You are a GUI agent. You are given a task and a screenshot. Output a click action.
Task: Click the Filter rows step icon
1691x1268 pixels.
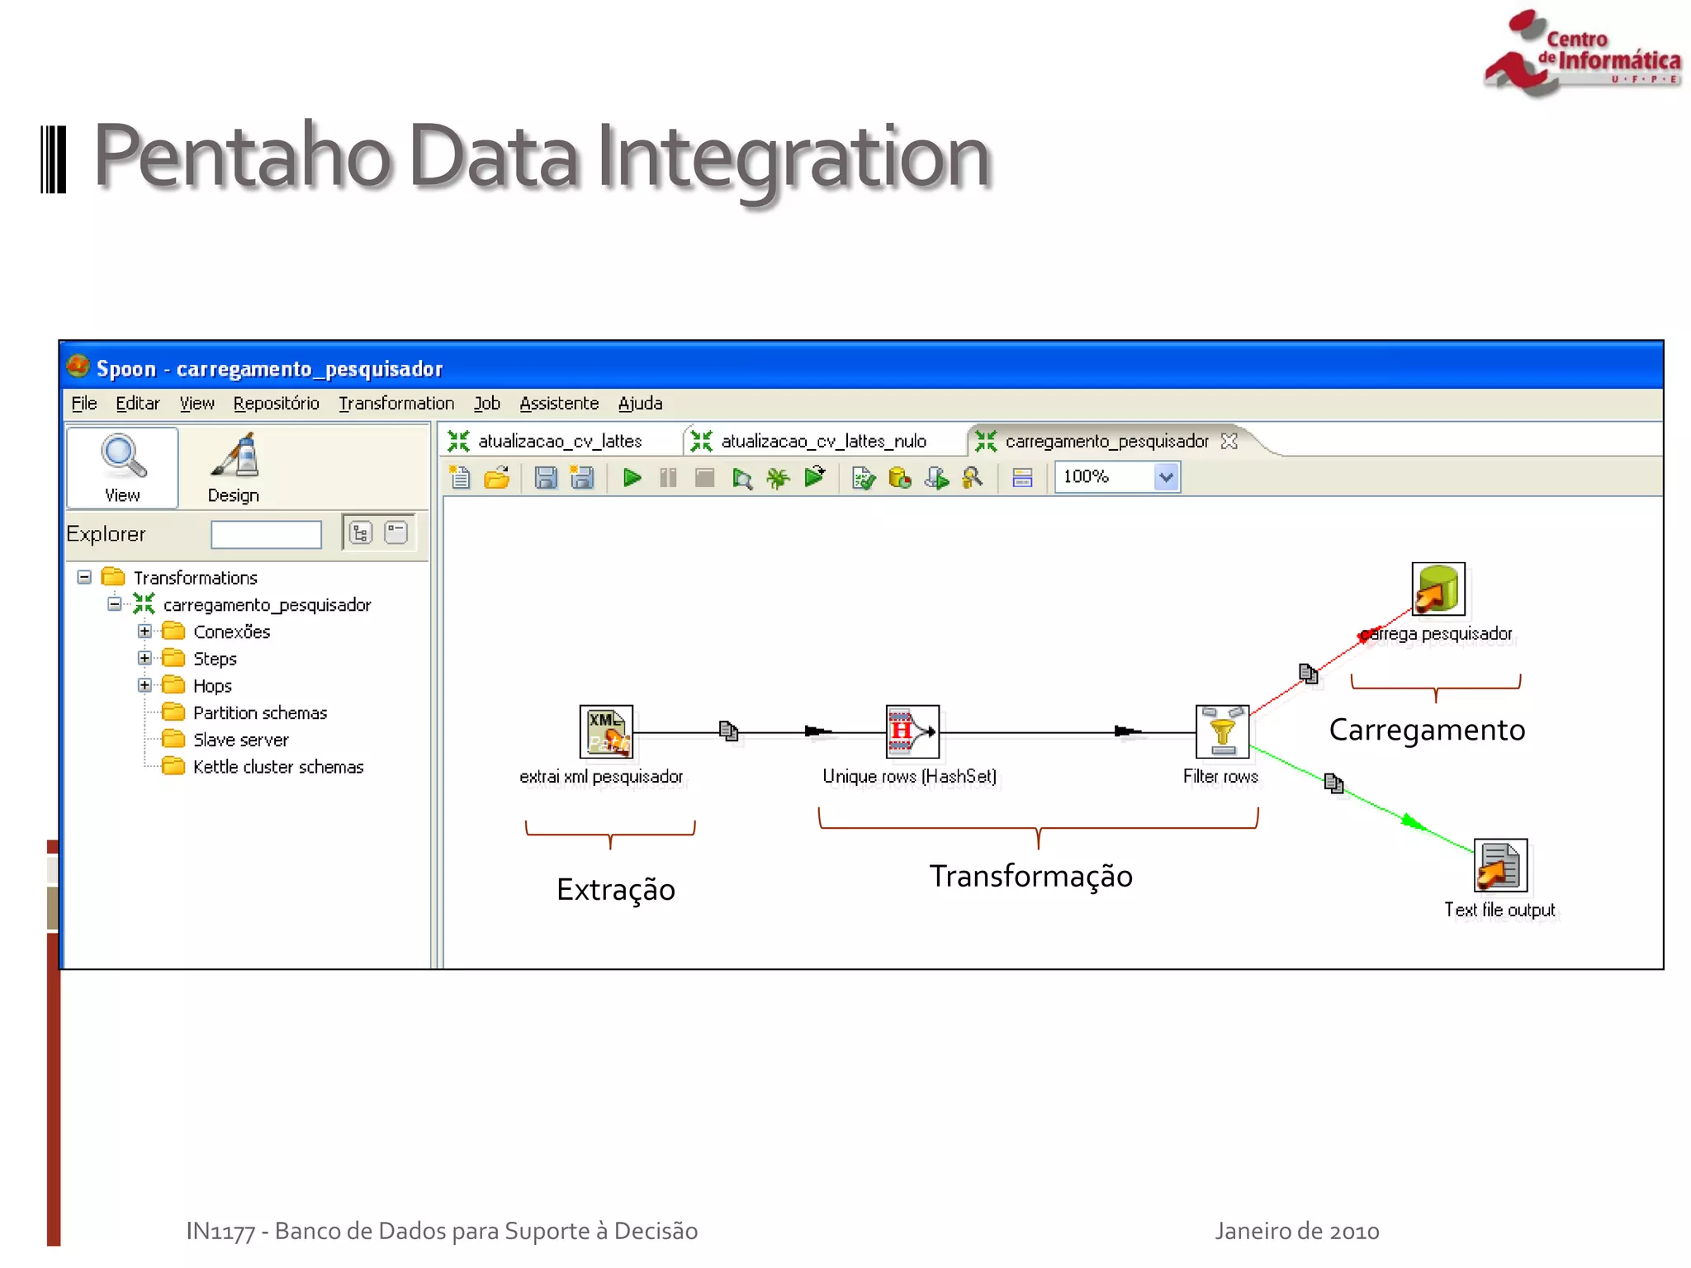(x=1222, y=731)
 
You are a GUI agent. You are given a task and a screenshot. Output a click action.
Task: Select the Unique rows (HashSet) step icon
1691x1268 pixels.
(x=912, y=731)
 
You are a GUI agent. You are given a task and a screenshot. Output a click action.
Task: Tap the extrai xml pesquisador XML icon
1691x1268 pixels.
(x=606, y=731)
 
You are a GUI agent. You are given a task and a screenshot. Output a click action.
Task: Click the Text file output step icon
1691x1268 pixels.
(x=1500, y=865)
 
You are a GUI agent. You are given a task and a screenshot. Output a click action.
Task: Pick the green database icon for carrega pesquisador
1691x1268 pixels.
(x=1438, y=589)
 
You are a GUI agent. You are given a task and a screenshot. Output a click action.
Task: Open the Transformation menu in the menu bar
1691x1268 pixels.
(x=396, y=404)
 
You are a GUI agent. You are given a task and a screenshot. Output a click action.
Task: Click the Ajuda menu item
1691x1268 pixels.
(x=640, y=404)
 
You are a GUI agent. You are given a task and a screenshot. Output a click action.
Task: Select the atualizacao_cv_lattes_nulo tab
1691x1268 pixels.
(x=822, y=442)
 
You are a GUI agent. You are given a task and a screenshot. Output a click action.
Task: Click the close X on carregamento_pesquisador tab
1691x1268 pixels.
(x=1229, y=442)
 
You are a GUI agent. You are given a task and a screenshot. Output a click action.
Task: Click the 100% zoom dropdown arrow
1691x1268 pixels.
(x=1165, y=477)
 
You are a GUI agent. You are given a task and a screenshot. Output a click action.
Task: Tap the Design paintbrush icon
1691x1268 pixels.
(x=234, y=457)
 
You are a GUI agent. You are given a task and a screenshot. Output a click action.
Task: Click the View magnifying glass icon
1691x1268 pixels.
(x=123, y=457)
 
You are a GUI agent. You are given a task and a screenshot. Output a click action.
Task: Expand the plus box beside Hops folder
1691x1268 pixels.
(x=144, y=685)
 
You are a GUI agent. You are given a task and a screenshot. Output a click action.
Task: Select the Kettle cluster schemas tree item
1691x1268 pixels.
(x=277, y=767)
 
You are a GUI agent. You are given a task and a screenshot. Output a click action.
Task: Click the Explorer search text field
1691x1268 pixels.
(x=266, y=535)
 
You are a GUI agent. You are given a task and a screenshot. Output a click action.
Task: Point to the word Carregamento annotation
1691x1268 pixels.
(x=1427, y=730)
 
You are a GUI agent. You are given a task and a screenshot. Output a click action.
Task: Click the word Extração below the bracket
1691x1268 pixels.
(x=615, y=890)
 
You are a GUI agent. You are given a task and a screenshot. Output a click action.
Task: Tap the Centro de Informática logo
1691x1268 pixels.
(x=1580, y=53)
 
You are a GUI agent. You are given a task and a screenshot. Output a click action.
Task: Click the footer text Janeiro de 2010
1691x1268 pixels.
(x=1296, y=1231)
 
